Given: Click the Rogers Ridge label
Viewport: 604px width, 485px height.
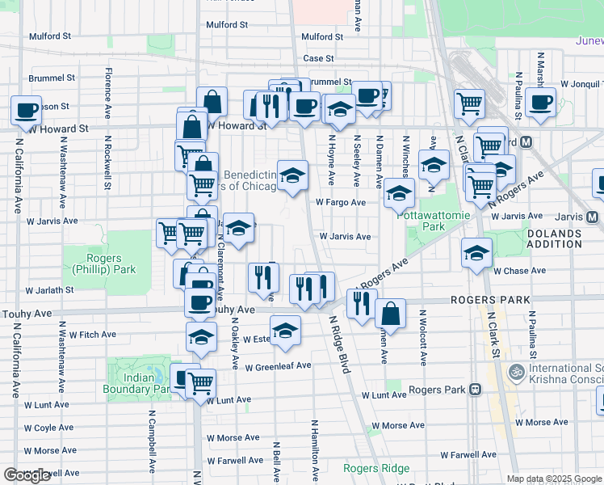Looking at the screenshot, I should [375, 468].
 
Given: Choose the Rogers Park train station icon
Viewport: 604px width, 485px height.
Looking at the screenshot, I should [476, 390].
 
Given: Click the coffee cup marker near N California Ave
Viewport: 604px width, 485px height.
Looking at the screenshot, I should [26, 110].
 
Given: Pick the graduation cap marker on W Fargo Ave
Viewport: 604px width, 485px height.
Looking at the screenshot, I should [399, 192].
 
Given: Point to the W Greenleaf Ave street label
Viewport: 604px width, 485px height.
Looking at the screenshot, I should [278, 366].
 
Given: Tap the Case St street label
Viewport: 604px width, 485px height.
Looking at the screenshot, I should [318, 58].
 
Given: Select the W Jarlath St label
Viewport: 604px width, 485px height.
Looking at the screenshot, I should [49, 289].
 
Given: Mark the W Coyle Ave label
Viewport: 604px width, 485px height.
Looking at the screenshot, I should [48, 428].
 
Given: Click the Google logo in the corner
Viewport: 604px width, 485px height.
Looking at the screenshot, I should [27, 475].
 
